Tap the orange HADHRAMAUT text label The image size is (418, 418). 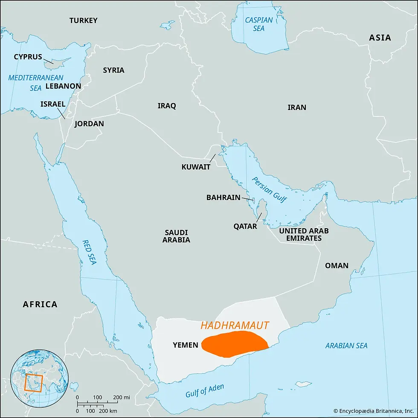(x=235, y=326)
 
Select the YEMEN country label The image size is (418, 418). (x=186, y=345)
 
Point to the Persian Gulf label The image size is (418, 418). (x=269, y=189)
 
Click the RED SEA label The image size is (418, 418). (x=90, y=252)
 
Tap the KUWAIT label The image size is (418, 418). (x=196, y=167)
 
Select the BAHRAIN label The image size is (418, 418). (x=223, y=197)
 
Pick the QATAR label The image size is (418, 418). (x=245, y=226)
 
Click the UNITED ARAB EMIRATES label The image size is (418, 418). (x=304, y=234)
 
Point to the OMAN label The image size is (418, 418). (x=337, y=265)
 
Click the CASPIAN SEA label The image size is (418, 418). (x=258, y=24)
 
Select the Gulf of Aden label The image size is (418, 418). (x=205, y=391)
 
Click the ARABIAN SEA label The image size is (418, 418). (x=346, y=345)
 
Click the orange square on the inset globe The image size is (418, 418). (x=33, y=382)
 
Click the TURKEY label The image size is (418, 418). (x=84, y=20)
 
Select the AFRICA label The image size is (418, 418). (x=40, y=304)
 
